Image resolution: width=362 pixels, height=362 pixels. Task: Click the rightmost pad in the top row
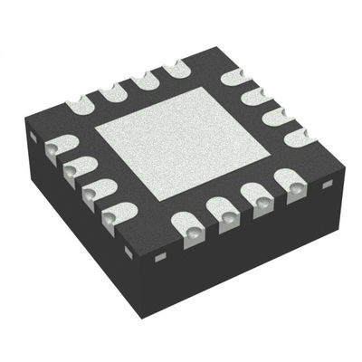[173, 67]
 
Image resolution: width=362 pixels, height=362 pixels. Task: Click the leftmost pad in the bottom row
[186, 224]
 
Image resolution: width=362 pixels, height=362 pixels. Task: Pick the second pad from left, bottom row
[223, 212]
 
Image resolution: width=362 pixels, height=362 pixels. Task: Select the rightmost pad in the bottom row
[293, 190]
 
